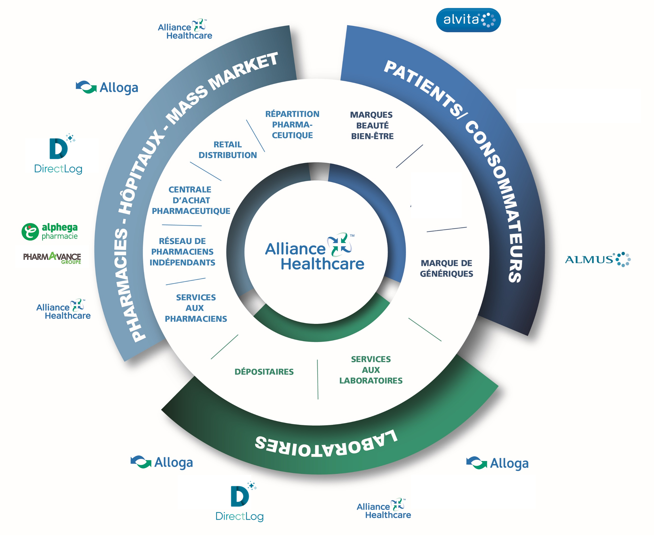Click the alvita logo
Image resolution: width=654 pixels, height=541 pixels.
tap(468, 20)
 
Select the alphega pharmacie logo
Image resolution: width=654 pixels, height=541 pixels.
tap(50, 232)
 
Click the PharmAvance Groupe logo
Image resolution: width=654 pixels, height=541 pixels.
tap(52, 258)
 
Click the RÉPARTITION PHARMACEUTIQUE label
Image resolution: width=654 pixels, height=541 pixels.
tap(292, 125)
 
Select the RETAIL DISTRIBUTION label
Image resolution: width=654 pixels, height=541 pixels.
tap(228, 150)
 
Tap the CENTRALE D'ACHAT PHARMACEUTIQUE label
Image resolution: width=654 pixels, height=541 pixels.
tap(191, 200)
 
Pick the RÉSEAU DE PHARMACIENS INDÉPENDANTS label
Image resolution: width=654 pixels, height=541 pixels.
tap(182, 252)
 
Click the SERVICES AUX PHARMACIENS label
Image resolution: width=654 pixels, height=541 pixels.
tap(196, 308)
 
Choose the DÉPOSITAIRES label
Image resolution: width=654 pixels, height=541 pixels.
tap(264, 372)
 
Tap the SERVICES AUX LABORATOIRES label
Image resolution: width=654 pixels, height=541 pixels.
tap(371, 370)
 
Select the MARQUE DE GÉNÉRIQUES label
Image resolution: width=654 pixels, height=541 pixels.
tap(446, 268)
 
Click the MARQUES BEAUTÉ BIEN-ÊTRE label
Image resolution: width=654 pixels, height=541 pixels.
tap(372, 125)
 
